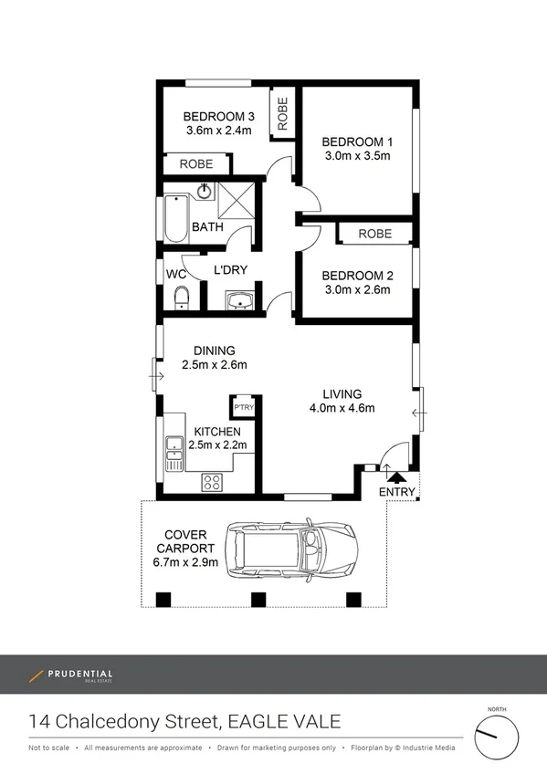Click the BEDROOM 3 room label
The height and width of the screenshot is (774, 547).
point(218,117)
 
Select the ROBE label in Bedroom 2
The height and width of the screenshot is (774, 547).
point(374,235)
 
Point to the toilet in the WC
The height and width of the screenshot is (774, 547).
point(181,298)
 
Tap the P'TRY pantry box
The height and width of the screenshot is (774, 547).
point(243,407)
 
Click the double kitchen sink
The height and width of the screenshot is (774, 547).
point(174,454)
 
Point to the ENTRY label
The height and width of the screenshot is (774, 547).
point(396,492)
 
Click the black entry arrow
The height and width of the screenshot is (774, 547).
point(395,474)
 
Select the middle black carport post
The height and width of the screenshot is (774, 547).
point(258,600)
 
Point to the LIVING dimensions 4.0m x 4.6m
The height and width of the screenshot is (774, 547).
point(342,408)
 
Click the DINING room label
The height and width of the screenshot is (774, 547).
point(215,350)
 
